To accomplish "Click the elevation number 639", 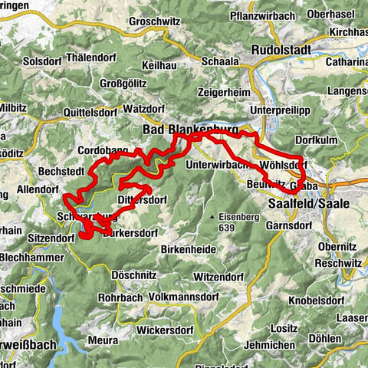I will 229,228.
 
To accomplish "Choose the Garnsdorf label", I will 287,226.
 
